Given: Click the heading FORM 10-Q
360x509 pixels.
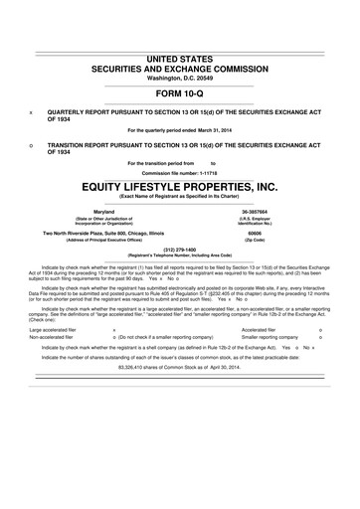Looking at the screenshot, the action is pyautogui.click(x=180, y=93).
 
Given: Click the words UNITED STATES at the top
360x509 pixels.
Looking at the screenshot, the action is pyautogui.click(x=180, y=61).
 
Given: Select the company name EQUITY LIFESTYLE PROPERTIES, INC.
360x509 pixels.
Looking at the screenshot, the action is pyautogui.click(x=180, y=186).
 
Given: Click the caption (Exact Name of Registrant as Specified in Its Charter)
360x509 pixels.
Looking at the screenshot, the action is pyautogui.click(x=180, y=197).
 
